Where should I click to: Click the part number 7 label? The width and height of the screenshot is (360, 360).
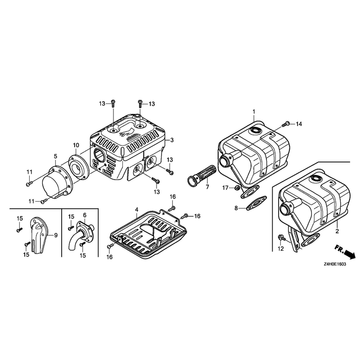pyautogui.click(x=207, y=187)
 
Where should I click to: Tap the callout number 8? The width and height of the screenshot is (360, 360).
pyautogui.click(x=236, y=208)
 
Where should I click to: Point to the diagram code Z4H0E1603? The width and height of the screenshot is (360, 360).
pyautogui.click(x=334, y=264)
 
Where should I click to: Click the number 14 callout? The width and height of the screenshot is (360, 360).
pyautogui.click(x=299, y=124)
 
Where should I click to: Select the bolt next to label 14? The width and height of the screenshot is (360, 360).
pyautogui.click(x=285, y=124)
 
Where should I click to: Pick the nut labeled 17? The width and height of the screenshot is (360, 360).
pyautogui.click(x=238, y=188)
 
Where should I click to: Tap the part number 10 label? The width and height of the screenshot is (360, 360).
pyautogui.click(x=76, y=145)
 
